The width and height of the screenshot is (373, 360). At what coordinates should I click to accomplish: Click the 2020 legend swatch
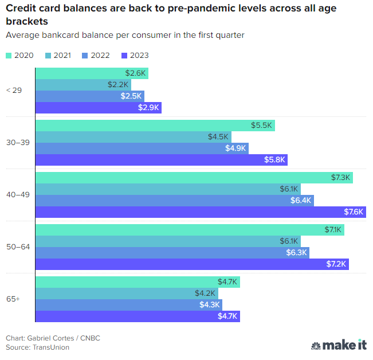tap(9, 55)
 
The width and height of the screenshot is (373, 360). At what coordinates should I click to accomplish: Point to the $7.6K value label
tap(354, 212)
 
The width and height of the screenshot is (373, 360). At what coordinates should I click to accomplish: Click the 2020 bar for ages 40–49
tap(194, 178)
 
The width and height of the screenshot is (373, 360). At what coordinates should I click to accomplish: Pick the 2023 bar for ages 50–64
tap(192, 264)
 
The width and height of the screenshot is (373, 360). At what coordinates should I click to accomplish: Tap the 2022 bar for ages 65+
tap(128, 304)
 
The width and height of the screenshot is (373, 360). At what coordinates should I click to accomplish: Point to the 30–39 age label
tap(18, 142)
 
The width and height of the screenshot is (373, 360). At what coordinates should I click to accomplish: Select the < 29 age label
tap(14, 91)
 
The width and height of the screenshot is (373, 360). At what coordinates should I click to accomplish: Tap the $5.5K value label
tap(261, 126)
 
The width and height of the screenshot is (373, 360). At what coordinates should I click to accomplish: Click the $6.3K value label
tap(297, 253)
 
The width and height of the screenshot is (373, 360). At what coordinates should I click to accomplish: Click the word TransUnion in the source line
tap(50, 347)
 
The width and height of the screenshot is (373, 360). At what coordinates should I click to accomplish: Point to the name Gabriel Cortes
tap(50, 338)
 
